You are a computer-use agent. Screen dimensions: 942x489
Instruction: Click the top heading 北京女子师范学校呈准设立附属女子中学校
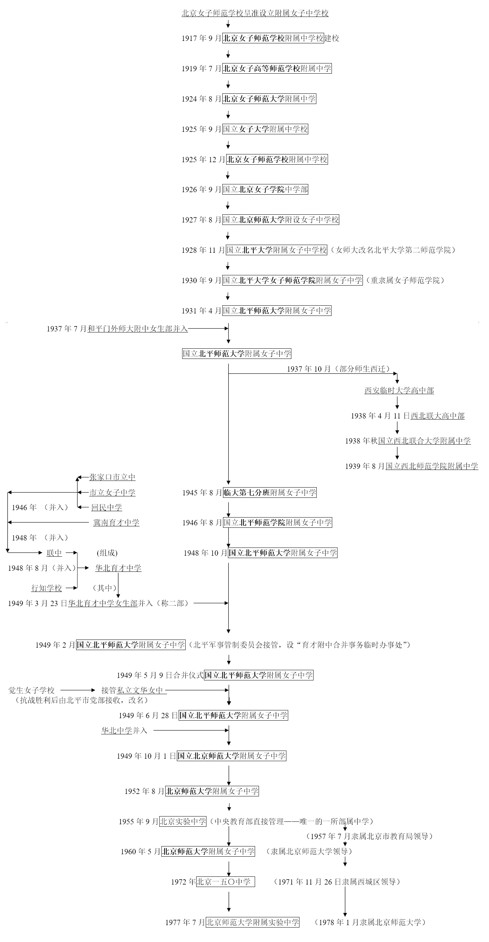pos(255,13)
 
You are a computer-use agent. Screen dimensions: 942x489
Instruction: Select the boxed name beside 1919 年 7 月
pos(277,68)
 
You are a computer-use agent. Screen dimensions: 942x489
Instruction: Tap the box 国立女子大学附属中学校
pos(265,129)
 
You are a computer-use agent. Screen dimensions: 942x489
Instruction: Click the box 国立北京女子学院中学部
pos(265,189)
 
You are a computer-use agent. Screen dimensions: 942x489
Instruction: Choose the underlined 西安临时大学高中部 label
pos(399,391)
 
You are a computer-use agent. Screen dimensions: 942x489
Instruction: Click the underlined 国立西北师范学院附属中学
pos(432,466)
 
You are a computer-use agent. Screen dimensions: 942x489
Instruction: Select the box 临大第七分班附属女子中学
pos(270,493)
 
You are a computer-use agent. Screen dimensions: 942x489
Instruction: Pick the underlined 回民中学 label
pos(106,508)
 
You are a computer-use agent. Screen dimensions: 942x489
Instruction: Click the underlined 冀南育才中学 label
pos(116,522)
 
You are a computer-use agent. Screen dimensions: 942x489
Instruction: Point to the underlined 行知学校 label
pos(47,588)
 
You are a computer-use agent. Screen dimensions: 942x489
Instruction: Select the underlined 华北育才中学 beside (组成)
pos(118,568)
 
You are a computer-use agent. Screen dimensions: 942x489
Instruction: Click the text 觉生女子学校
pos(31,690)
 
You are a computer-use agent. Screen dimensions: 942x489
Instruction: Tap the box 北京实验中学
pos(183,821)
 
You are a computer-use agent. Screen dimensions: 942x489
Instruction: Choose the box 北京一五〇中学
pos(225,882)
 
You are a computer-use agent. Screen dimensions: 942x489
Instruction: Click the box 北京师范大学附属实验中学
pos(253,923)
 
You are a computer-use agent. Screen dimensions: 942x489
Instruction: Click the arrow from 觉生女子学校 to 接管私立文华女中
pos(78,690)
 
